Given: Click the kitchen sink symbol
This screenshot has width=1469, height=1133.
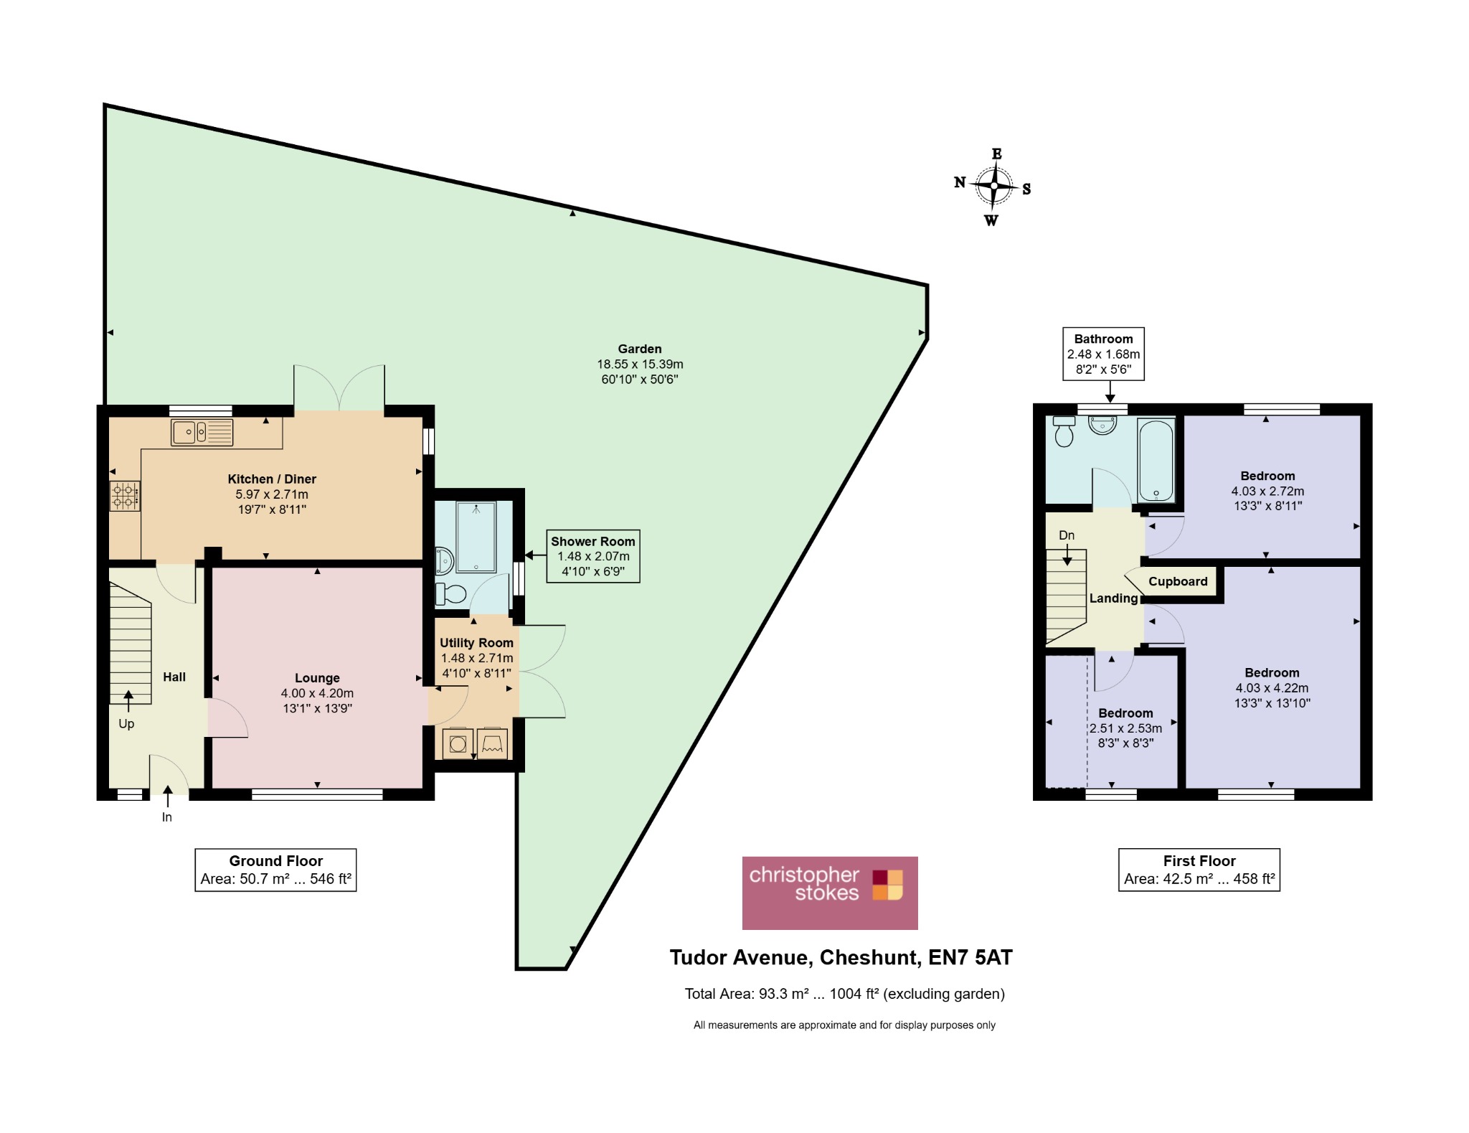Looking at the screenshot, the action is pos(202,433).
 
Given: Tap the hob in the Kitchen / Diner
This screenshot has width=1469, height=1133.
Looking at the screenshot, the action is pos(124,496).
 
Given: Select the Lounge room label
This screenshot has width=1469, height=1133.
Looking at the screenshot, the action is pos(317,678).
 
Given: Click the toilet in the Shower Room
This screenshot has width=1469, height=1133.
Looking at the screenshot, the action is pos(450,594).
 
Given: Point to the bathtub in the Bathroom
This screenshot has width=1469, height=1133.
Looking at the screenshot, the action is pos(1156,460).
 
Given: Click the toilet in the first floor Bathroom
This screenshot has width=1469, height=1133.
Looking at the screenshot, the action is pos(1064,431).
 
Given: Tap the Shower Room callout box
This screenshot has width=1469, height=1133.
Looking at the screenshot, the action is pos(593,556).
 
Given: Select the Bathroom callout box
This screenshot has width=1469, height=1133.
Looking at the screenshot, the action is pos(1103,354).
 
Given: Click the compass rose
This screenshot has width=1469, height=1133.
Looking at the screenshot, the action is pos(994,187).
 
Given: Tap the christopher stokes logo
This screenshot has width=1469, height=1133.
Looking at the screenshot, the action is pos(830,893).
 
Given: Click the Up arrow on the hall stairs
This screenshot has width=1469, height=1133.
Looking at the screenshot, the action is pos(128,701).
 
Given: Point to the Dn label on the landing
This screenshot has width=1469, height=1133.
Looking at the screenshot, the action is pos(1067,535).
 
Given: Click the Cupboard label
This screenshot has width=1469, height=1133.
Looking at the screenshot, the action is pos(1178,581).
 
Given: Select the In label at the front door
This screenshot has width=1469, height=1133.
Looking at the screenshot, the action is pos(167,817).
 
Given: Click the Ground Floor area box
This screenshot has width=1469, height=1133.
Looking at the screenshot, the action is pos(275,870).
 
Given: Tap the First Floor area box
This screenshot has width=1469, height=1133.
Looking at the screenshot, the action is pos(1199,870).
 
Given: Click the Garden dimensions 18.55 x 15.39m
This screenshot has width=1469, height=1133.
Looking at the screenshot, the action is pos(640,365).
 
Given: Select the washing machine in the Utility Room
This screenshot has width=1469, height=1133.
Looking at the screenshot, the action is pos(458,744).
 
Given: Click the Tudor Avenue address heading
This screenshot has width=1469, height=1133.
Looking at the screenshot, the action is pos(841,957).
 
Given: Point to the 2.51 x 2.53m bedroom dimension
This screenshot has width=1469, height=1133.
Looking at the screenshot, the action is pos(1126,728).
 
